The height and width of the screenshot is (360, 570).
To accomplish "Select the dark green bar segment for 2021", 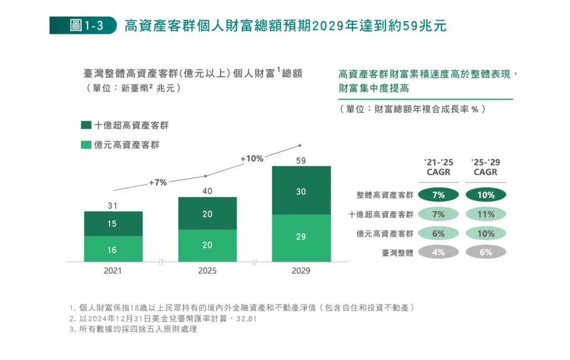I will coord(113,224).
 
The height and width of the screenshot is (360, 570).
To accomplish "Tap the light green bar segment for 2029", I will coord(301,238).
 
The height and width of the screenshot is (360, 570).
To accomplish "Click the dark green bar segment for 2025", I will coord(207,214).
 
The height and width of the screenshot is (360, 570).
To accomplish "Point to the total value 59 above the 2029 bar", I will coord(301,161).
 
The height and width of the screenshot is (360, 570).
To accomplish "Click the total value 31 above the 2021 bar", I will coord(112,206).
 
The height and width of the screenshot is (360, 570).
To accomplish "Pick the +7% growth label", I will coord(158,182).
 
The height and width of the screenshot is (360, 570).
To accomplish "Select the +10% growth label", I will coord(252,159).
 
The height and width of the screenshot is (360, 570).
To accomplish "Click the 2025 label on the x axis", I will coord(207,271).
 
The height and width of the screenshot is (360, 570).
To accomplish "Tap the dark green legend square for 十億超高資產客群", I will coord(86,125).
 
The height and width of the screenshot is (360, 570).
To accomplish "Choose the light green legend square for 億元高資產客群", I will coord(86,145).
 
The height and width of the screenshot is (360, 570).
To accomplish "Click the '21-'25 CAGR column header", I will coord(438,167).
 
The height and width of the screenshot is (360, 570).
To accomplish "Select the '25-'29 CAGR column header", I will coord(485,167).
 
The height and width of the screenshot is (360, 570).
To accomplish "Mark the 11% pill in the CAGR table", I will coord(485,214).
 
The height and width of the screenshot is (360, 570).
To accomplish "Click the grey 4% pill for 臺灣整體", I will coord(438,252).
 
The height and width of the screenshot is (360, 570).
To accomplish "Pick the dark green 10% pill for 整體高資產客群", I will coord(485,195).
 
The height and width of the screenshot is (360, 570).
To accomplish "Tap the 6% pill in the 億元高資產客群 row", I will coord(438,233).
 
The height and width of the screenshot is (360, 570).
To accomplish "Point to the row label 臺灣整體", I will coord(397,252).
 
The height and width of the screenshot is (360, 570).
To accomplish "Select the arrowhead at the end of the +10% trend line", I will coord(300,145).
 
